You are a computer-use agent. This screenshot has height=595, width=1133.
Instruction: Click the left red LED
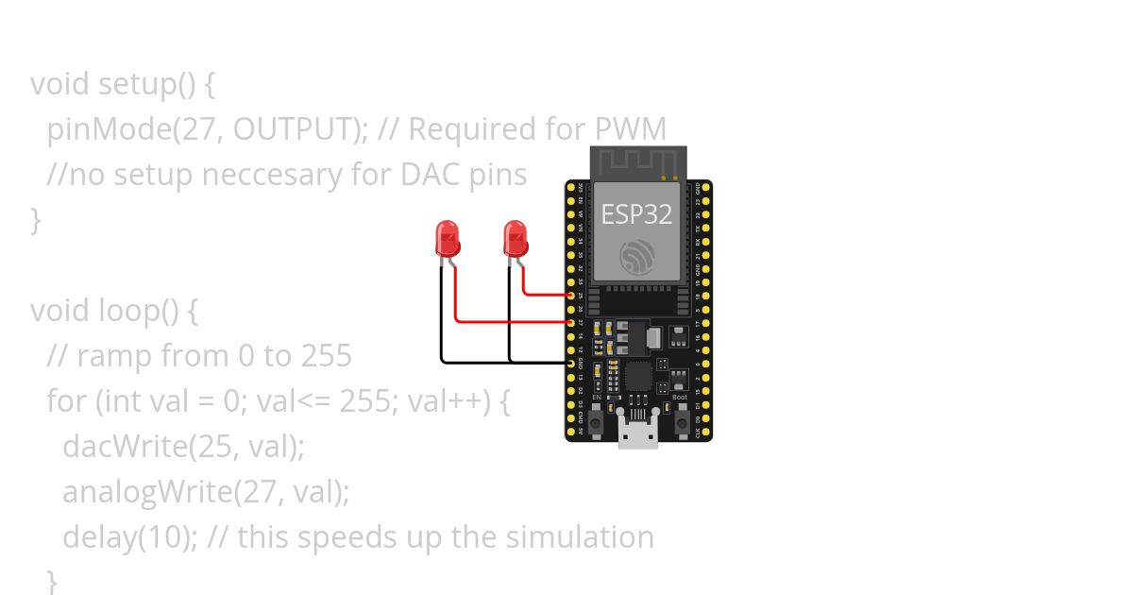pos(447,238)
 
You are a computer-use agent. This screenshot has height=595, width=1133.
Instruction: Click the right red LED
pos(515,238)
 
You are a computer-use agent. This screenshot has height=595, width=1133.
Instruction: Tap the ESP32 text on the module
pos(636,214)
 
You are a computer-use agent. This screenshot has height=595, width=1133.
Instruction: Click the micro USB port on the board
pos(638,435)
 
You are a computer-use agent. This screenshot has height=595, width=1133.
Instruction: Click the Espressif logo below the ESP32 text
pos(637,257)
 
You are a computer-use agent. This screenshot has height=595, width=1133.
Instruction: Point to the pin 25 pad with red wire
pos(570,295)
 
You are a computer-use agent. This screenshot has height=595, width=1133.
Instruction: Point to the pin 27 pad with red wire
pos(570,322)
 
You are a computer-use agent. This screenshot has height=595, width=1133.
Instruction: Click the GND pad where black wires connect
pos(570,362)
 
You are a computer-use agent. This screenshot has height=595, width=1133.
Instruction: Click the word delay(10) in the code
pos(129,537)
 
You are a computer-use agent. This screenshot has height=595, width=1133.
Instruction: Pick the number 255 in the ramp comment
pos(326,356)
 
